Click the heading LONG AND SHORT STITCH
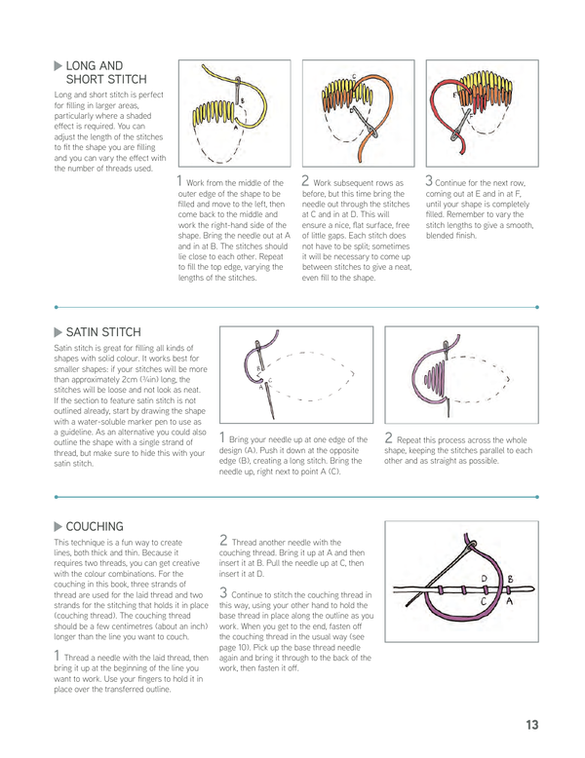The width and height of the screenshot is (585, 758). pos(105,71)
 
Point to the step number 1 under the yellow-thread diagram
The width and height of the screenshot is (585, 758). pos(180,179)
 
